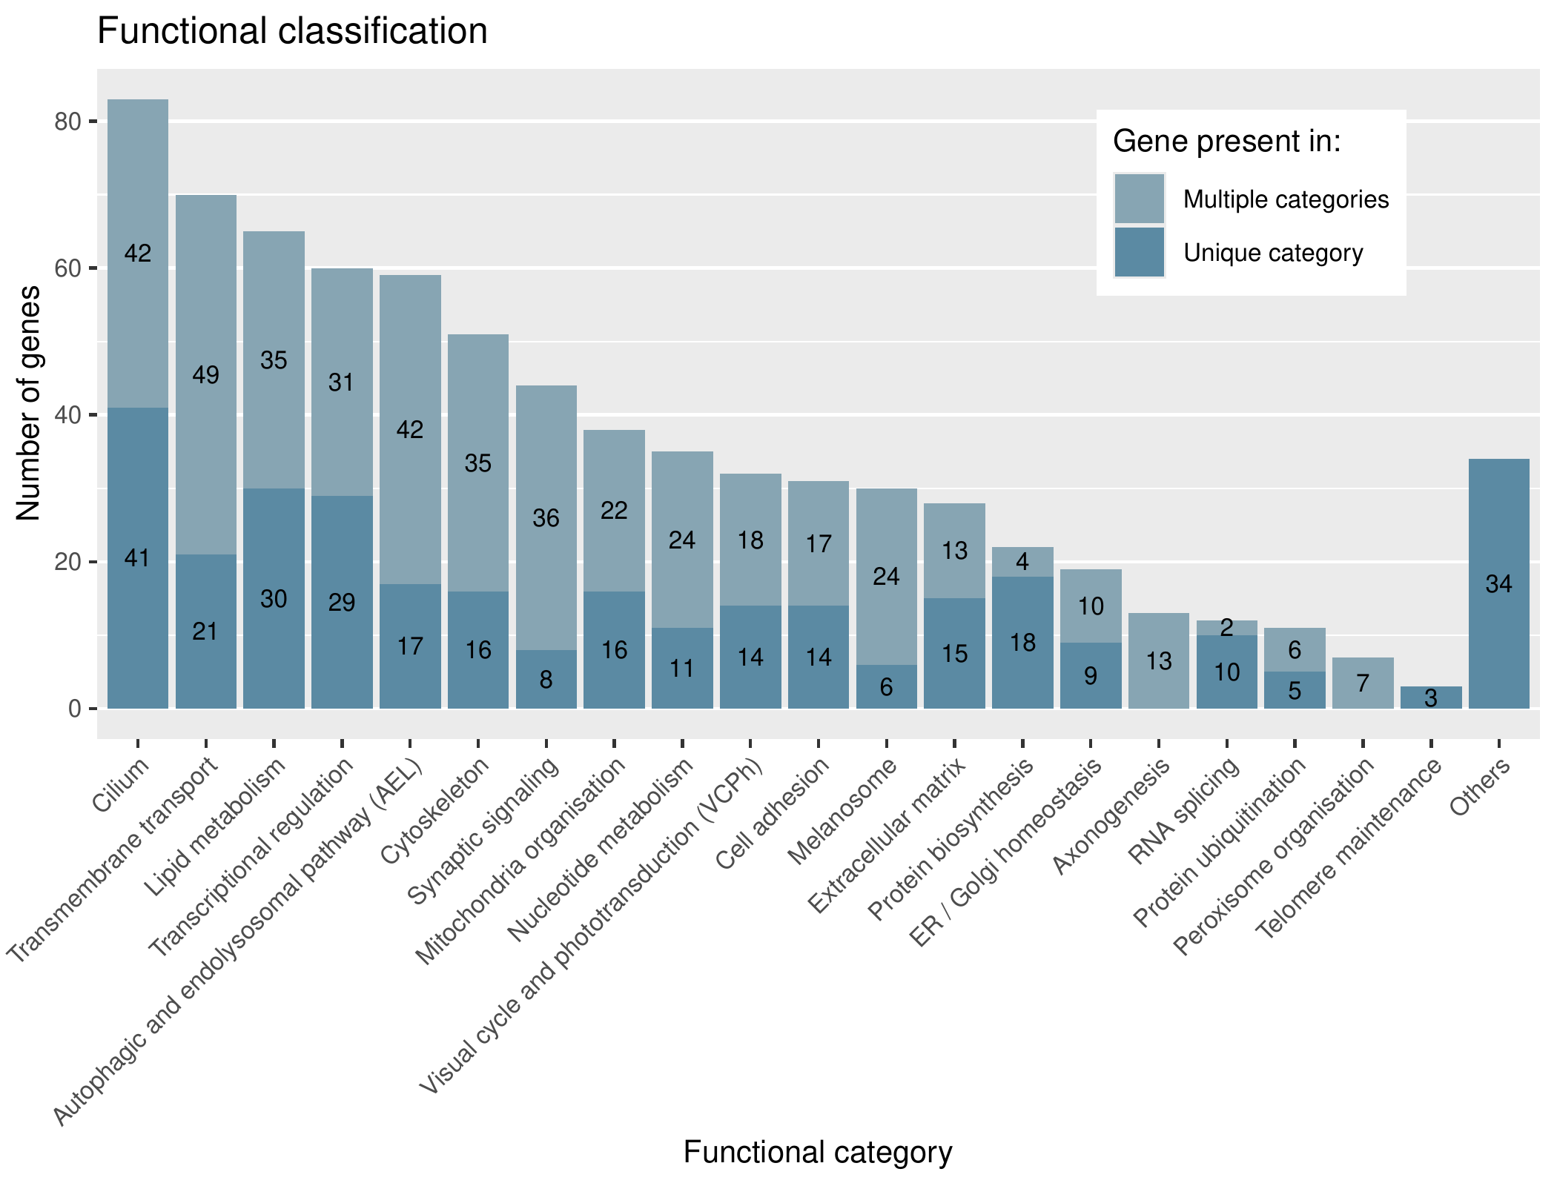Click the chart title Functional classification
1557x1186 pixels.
tap(292, 32)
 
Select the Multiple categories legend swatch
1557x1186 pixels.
tap(1139, 199)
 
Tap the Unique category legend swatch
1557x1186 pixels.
tap(1139, 253)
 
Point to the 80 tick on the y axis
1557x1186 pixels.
tap(67, 122)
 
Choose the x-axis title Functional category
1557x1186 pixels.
tap(817, 1152)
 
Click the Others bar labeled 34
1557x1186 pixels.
tap(1498, 584)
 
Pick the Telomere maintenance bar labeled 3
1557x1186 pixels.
tap(1430, 698)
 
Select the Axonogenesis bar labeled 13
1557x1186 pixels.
tap(1158, 660)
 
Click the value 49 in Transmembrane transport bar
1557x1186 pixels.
tap(205, 375)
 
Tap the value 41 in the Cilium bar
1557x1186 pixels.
tap(137, 558)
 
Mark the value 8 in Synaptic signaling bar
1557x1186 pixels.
tap(546, 680)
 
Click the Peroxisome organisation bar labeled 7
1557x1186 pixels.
tap(1363, 683)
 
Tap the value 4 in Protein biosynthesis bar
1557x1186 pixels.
tap(1022, 562)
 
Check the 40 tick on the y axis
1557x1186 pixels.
tap(67, 415)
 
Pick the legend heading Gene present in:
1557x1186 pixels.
tap(1227, 141)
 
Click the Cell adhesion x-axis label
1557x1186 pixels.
tap(773, 813)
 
